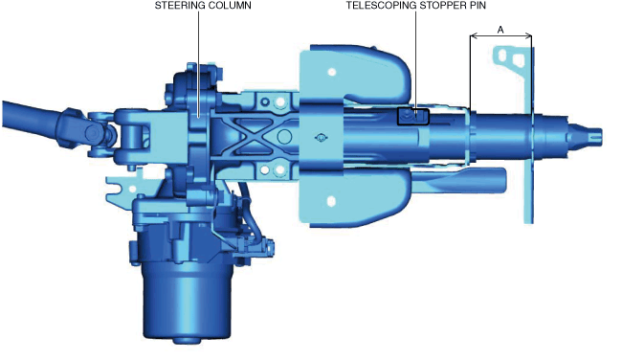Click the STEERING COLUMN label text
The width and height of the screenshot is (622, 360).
pyautogui.click(x=203, y=5)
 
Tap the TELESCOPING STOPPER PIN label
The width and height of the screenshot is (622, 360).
pyautogui.click(x=415, y=5)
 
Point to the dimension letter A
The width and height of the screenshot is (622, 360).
pyautogui.click(x=500, y=30)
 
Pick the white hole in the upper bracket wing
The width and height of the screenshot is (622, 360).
pyautogui.click(x=332, y=72)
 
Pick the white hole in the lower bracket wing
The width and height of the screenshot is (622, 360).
pyautogui.click(x=331, y=201)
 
